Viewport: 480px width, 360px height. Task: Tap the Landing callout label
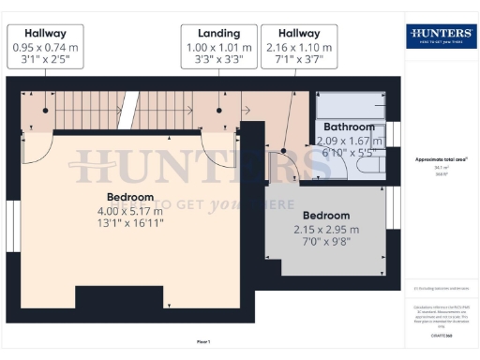[218, 33]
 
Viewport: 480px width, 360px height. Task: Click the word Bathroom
[349, 127]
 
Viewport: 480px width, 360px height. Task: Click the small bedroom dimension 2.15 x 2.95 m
[327, 230]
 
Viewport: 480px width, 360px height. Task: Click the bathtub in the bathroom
[350, 104]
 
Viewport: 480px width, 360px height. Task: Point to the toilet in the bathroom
[369, 166]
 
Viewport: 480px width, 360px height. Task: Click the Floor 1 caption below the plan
[203, 342]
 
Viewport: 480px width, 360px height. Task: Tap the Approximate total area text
[441, 159]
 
